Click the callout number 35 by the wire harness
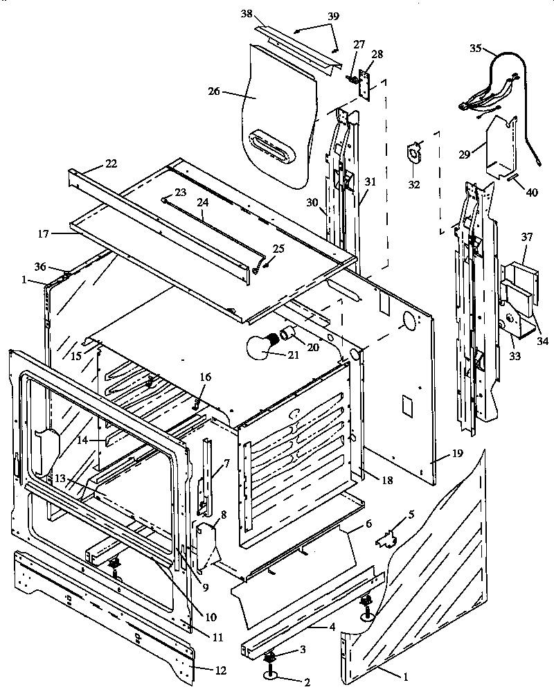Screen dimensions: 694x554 pos(475,49)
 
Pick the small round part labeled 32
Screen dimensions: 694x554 pos(415,152)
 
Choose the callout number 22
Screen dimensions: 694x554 pos(111,163)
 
